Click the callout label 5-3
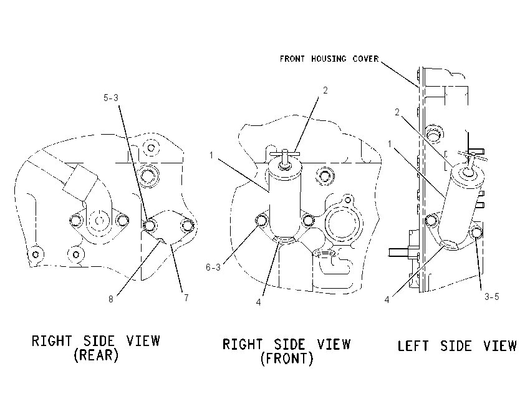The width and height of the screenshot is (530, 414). pyautogui.click(x=111, y=98)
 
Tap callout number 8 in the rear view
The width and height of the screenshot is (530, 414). pyautogui.click(x=111, y=299)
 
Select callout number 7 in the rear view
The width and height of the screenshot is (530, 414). pyautogui.click(x=186, y=298)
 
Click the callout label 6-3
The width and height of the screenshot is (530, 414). pyautogui.click(x=213, y=267)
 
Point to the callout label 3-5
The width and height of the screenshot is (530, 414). pyautogui.click(x=491, y=297)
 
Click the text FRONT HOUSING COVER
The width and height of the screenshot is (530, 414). pyautogui.click(x=329, y=59)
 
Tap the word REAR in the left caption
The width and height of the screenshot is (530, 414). pyautogui.click(x=96, y=355)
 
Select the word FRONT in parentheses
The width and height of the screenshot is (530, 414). pyautogui.click(x=287, y=359)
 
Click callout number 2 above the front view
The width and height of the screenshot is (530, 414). pyautogui.click(x=325, y=90)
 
